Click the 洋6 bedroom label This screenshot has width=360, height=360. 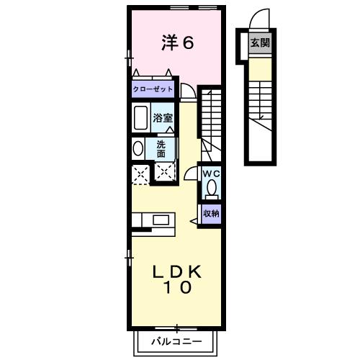tap(177, 43)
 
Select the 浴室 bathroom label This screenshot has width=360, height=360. tap(163, 117)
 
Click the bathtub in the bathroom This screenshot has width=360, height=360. tap(140, 117)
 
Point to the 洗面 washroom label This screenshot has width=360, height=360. tap(161, 148)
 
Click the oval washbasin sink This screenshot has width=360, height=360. tap(138, 148)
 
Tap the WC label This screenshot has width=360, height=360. tap(210, 174)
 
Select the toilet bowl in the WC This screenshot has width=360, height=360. tap(211, 189)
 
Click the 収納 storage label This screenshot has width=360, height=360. tap(210, 214)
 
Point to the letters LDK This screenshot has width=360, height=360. tap(177, 272)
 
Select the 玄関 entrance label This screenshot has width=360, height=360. tap(260, 43)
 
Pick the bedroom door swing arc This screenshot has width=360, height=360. tap(187, 91)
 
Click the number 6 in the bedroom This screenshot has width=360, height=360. tap(187, 43)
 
